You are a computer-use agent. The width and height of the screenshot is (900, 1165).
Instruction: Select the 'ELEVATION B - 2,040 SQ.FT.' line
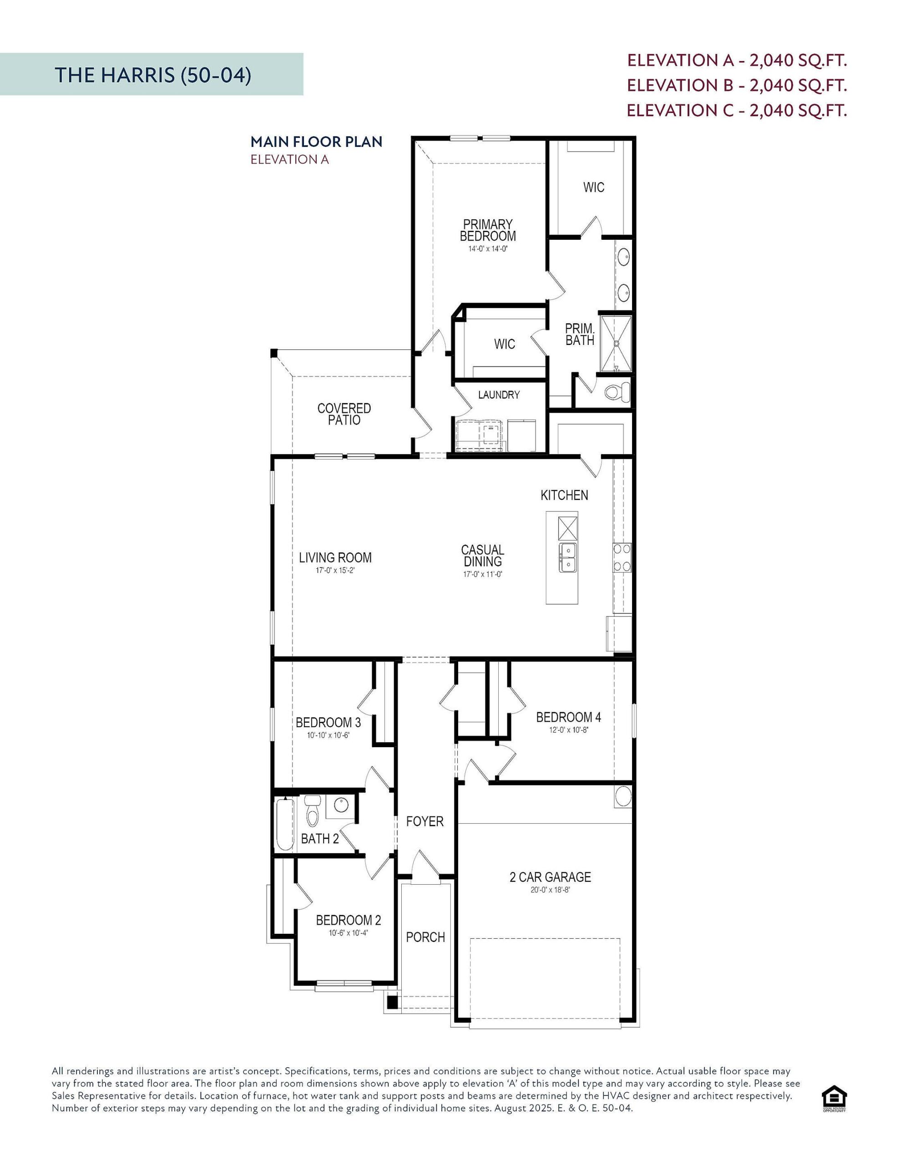[737, 86]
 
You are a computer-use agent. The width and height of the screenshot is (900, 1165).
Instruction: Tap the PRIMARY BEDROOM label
[488, 230]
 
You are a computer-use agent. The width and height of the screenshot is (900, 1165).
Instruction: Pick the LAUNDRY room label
[498, 395]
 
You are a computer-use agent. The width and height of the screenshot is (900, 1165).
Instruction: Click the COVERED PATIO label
[344, 414]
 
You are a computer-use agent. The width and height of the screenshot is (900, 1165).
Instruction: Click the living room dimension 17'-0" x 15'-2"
[334, 570]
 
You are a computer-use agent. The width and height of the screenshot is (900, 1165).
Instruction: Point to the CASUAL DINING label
[482, 555]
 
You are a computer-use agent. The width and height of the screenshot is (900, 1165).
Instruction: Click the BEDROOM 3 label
[328, 722]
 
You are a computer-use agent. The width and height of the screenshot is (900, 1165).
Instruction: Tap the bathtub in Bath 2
[284, 824]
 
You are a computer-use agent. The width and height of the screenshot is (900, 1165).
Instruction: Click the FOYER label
[425, 821]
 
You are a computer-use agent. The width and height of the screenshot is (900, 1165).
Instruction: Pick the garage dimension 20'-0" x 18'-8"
[550, 890]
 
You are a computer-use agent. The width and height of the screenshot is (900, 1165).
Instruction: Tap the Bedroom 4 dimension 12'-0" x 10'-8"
[568, 730]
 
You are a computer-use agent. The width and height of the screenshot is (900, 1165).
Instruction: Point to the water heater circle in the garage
[622, 797]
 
